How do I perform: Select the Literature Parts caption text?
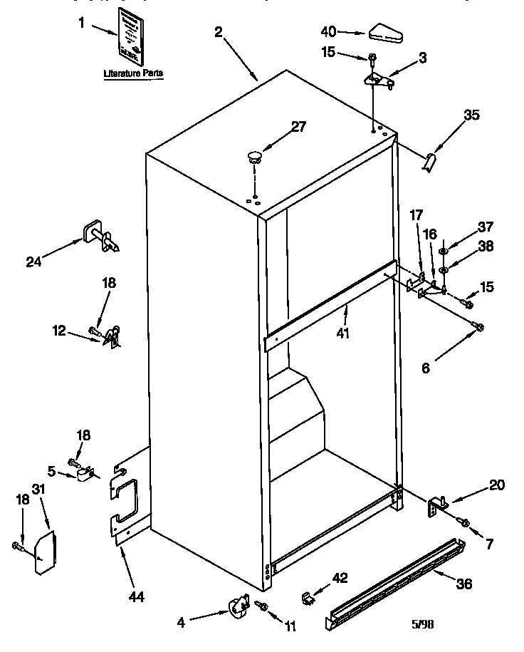[133, 73]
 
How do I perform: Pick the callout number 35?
[471, 114]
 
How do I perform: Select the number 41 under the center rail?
[343, 332]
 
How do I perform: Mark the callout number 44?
[135, 596]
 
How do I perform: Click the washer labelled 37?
[442, 251]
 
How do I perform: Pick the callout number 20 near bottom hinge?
[496, 485]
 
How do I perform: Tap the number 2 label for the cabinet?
[218, 31]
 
